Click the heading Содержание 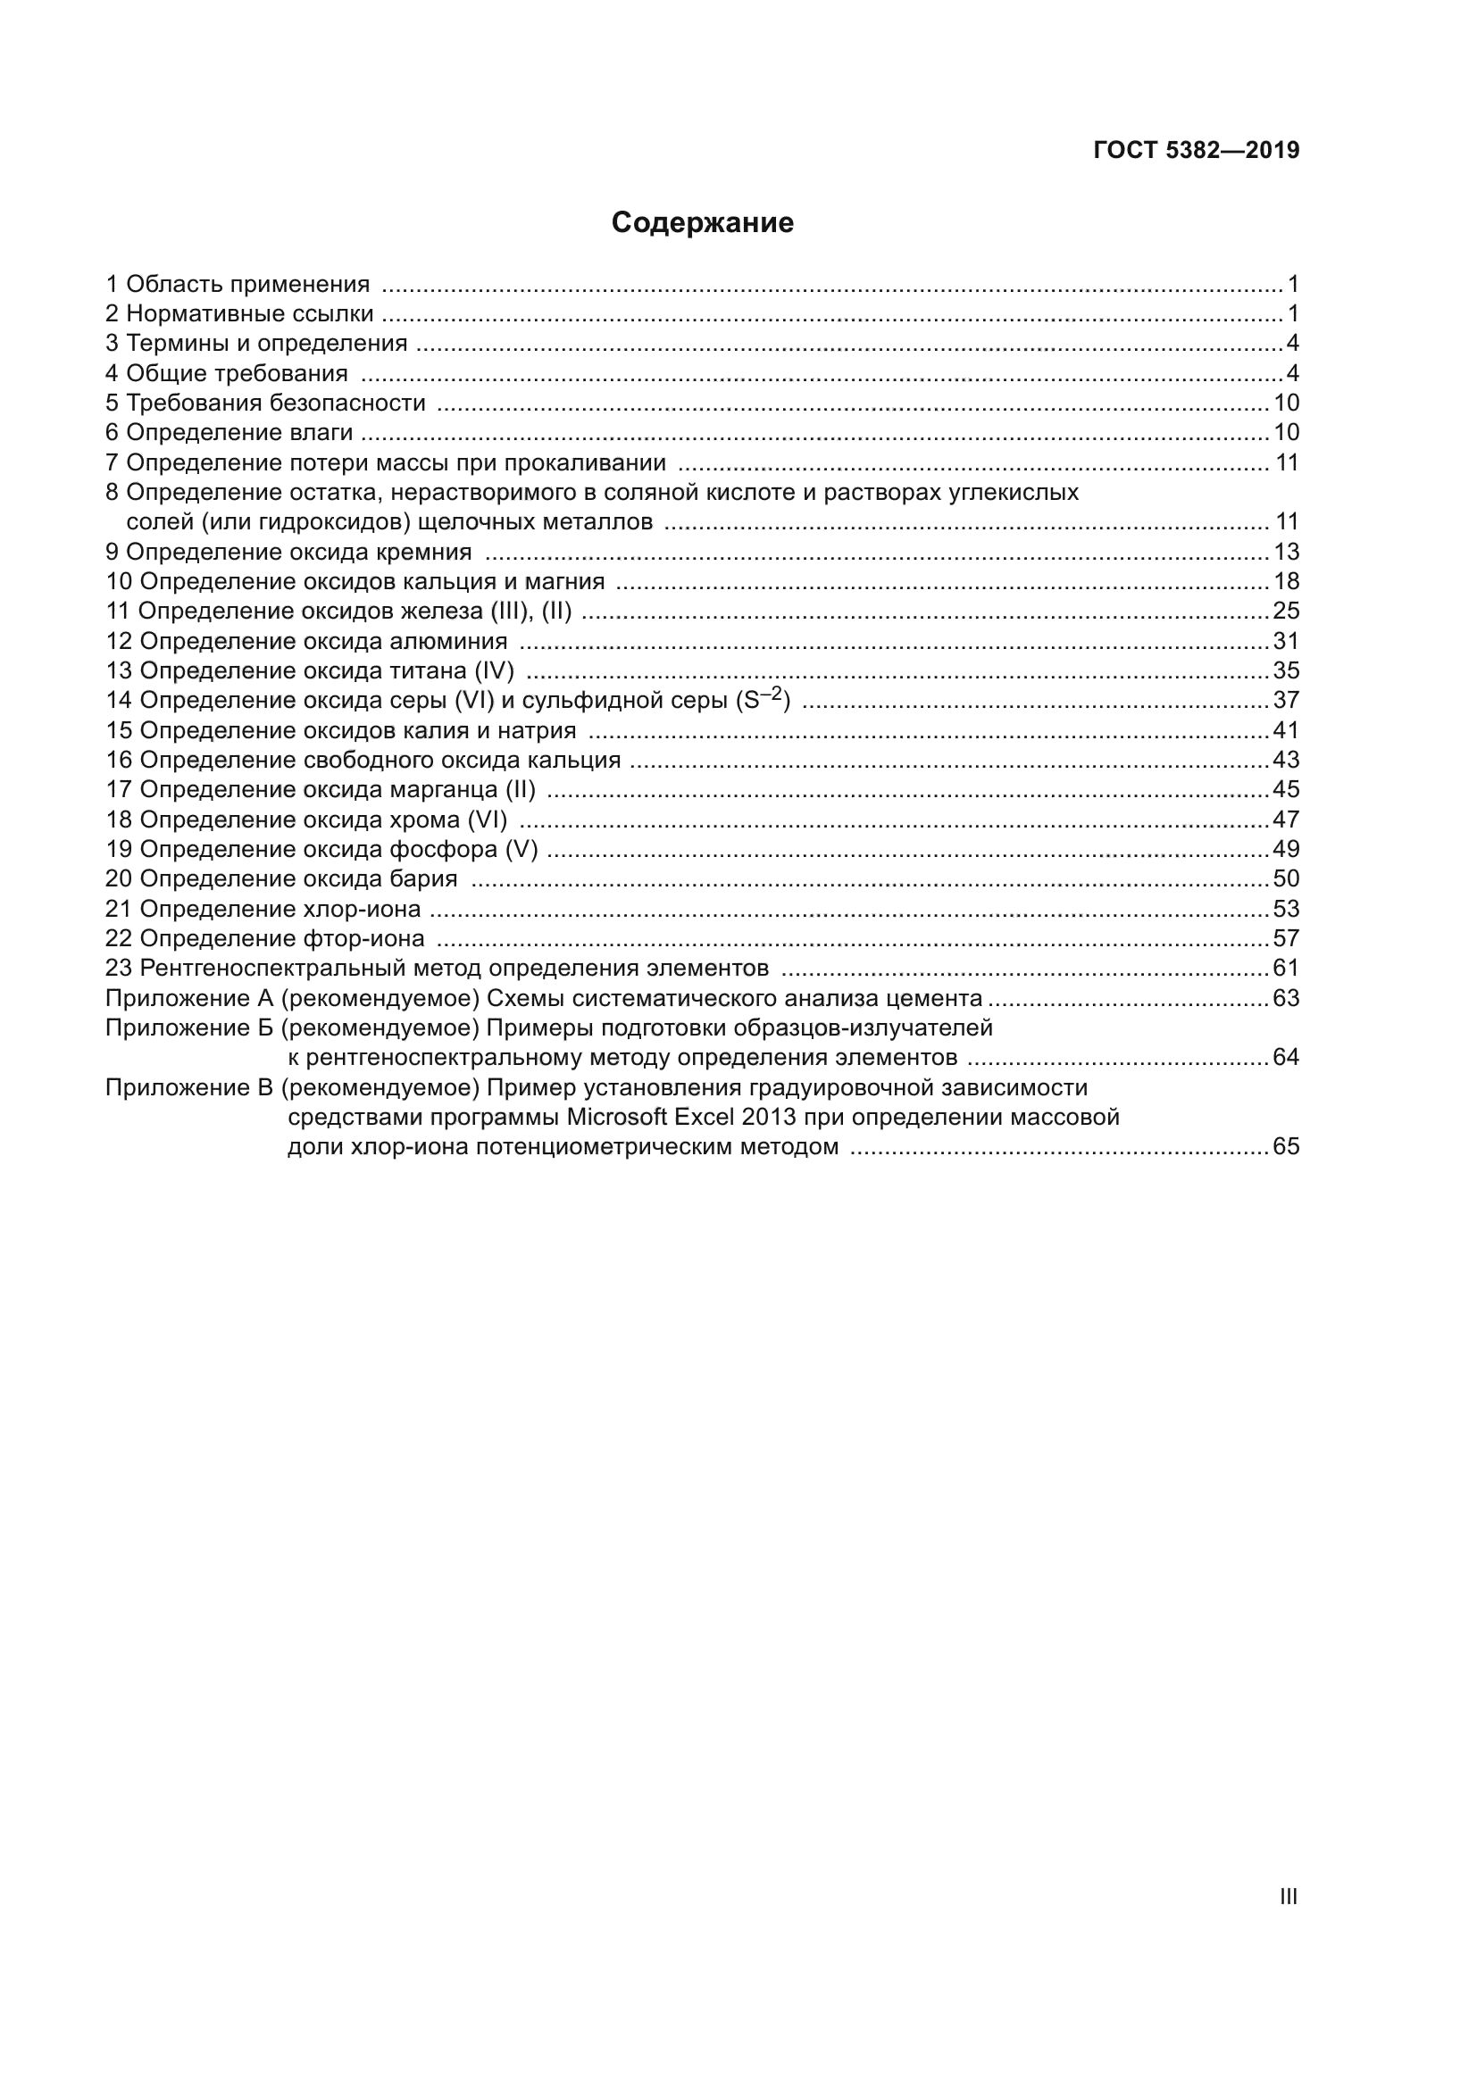702,223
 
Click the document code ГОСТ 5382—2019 1196,151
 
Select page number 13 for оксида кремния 1286,552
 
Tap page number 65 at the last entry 1286,1147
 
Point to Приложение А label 189,999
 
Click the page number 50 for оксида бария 1286,878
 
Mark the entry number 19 118,849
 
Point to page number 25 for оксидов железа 1286,611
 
